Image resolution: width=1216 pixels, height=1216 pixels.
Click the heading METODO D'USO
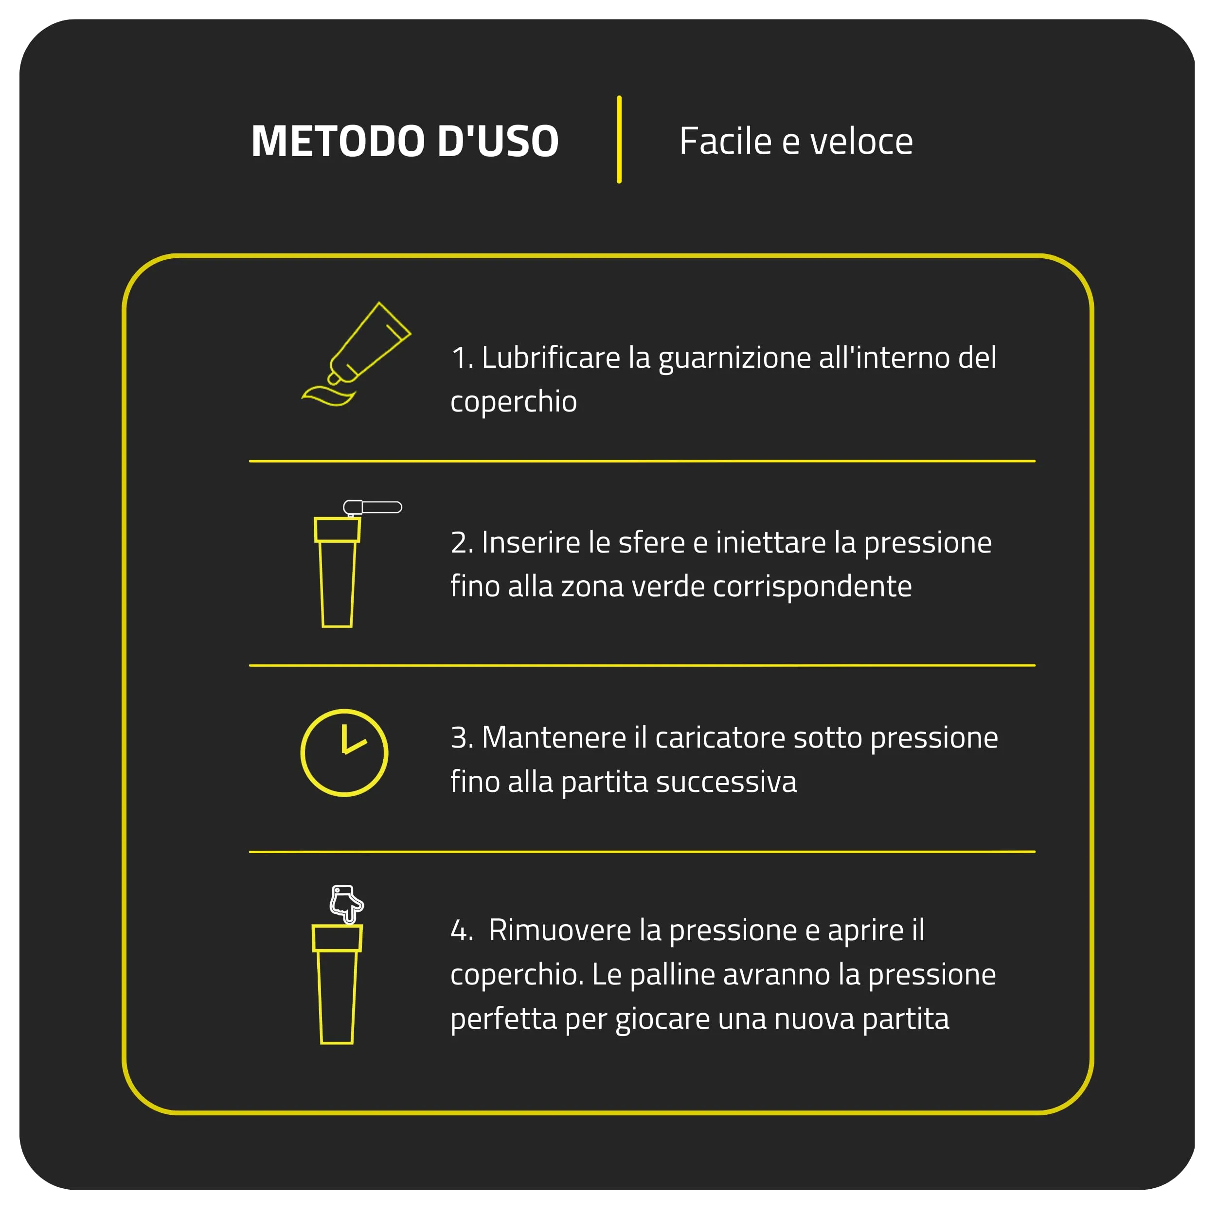click(x=405, y=141)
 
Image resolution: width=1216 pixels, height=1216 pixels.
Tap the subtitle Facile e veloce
click(x=796, y=141)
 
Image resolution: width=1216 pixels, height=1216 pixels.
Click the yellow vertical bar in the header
click(x=619, y=140)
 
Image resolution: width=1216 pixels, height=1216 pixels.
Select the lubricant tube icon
click(x=356, y=354)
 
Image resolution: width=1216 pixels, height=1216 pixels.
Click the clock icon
click(x=344, y=753)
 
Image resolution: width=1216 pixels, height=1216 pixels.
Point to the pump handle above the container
click(x=373, y=507)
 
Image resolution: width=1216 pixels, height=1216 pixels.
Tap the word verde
click(x=668, y=587)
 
